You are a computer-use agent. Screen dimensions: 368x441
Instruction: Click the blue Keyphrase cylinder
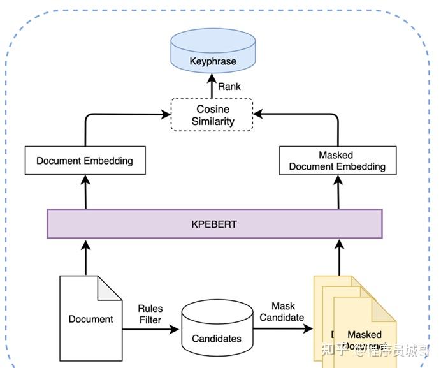tap(212, 54)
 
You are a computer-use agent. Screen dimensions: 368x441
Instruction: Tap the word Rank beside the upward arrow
tap(229, 86)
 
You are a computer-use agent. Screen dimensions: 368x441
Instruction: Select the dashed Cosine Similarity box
tap(212, 115)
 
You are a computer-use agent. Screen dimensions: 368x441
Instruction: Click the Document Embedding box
tap(85, 161)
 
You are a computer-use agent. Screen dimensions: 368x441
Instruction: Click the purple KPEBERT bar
tap(214, 224)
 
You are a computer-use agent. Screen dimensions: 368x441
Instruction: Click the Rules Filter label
tap(150, 314)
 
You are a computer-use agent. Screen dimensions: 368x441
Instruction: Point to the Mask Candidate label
tap(282, 312)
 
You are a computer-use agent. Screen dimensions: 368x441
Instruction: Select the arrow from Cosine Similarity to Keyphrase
tap(212, 86)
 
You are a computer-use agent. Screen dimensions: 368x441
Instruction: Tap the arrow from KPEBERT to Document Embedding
tap(85, 191)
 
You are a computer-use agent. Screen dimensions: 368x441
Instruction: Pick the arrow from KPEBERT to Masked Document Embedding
tap(338, 191)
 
